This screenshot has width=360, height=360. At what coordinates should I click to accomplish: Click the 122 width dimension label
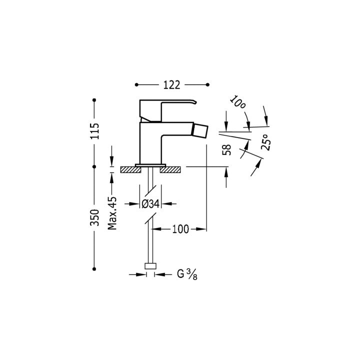click(171, 85)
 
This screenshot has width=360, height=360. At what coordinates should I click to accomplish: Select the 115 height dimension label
click(94, 131)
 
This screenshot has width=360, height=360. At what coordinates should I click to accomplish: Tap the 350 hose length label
click(94, 217)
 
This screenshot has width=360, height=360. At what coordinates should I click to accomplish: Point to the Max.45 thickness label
click(112, 213)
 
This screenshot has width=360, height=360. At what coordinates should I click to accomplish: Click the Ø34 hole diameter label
click(150, 204)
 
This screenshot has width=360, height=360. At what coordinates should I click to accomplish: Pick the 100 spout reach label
click(180, 229)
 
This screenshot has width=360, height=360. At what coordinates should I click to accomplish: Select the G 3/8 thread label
click(187, 274)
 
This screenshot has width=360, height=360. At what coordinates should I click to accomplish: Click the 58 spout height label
click(226, 149)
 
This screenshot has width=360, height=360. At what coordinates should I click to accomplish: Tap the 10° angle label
click(237, 102)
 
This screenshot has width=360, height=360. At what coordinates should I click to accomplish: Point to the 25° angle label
click(266, 142)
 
